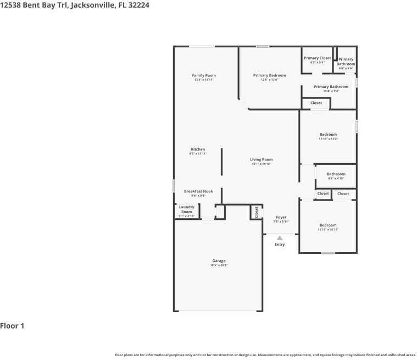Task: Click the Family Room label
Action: (204, 75)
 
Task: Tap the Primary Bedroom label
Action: (269, 75)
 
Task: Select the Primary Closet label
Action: (318, 58)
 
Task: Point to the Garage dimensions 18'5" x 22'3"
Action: (219, 265)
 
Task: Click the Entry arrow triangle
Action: (280, 238)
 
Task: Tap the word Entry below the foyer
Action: (280, 245)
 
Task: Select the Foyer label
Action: (281, 217)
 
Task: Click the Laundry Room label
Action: (187, 209)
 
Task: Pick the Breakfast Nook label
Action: (198, 191)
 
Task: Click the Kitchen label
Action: (198, 149)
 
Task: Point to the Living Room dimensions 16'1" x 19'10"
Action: (262, 164)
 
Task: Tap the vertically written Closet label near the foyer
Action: (256, 212)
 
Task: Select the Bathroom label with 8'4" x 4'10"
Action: (336, 174)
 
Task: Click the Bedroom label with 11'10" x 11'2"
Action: (328, 135)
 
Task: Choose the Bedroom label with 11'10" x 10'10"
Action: (328, 225)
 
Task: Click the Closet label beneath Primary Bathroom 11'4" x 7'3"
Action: (316, 103)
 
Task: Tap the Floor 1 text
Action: (12, 326)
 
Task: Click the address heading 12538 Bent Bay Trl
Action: (75, 5)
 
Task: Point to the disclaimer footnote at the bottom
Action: (265, 355)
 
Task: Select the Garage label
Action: (219, 261)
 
